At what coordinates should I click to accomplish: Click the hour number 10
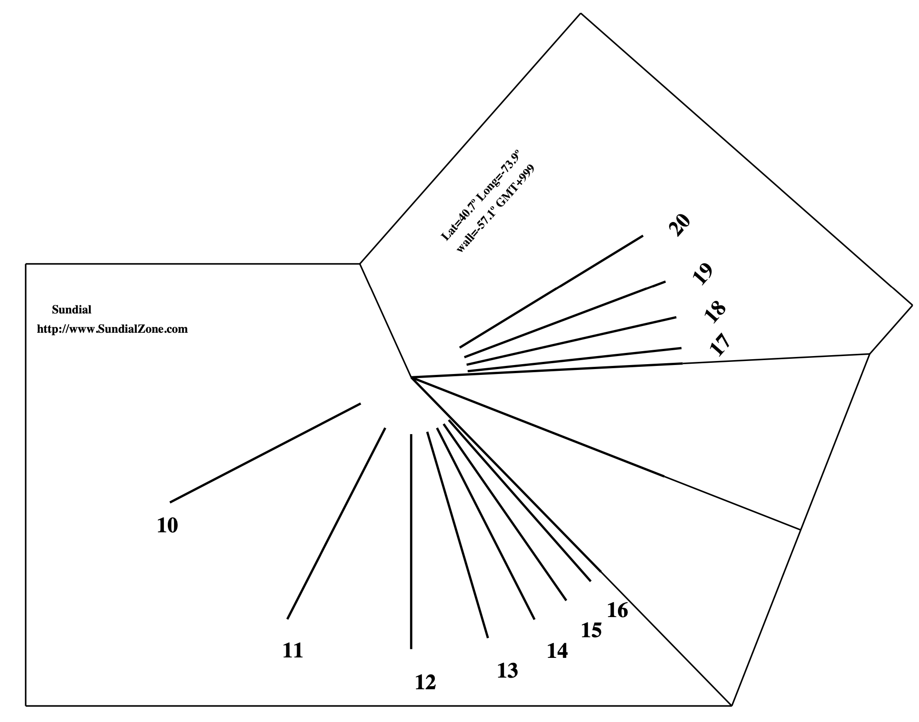[167, 526]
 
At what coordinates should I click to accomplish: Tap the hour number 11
[293, 650]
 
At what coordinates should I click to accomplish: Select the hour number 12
[425, 683]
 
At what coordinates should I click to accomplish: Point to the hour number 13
[508, 671]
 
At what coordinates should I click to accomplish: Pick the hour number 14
[557, 651]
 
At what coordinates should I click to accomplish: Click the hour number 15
[591, 630]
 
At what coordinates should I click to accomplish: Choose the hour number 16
[617, 610]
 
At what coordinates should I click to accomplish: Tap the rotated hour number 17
[720, 344]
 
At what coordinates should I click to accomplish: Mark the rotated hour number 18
[715, 312]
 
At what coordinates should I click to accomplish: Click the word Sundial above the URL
[72, 310]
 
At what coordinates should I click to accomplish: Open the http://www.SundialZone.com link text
[112, 329]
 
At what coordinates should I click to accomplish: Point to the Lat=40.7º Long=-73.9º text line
[481, 196]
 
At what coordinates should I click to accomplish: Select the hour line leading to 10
[265, 453]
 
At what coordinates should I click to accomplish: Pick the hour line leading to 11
[336, 523]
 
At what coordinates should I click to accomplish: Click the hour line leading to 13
[457, 534]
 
